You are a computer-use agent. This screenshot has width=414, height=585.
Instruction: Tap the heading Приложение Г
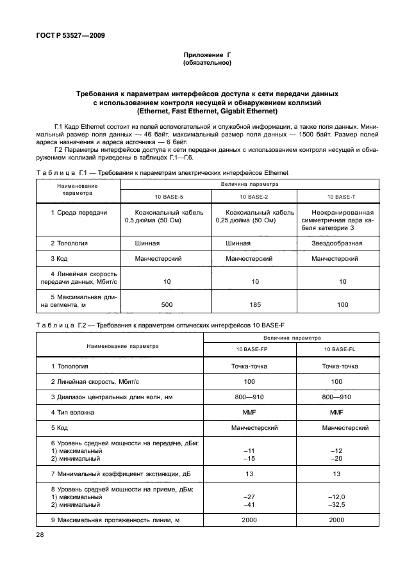206,56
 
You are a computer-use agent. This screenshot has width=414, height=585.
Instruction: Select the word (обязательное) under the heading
206,63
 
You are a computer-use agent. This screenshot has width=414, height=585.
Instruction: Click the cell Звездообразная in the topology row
336,243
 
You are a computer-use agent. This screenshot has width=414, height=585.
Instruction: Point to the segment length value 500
167,304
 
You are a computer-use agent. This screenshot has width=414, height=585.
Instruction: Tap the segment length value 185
254,304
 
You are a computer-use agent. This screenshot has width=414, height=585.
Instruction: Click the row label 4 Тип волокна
72,413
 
